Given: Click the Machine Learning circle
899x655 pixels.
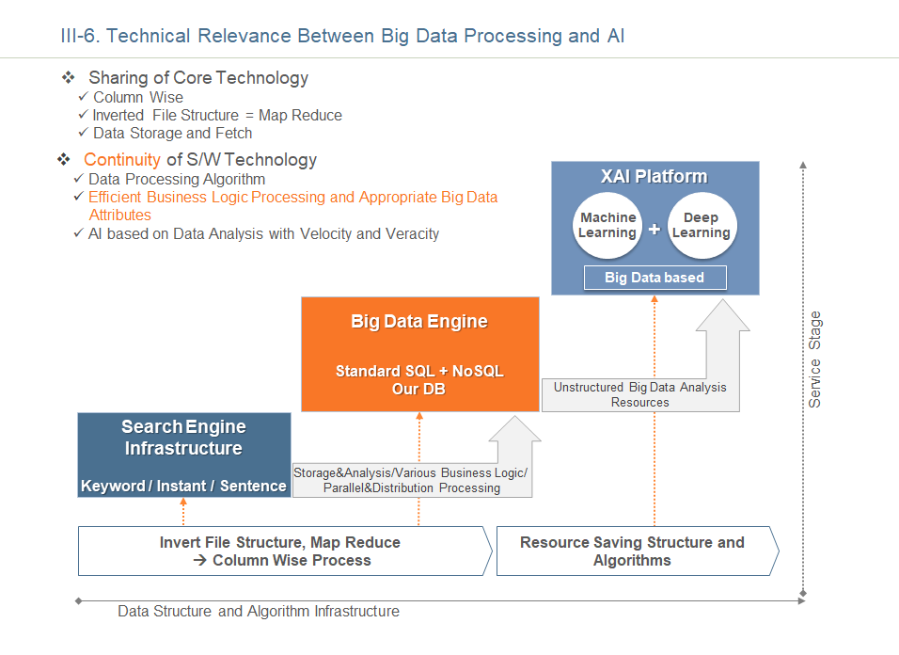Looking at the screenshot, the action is (607, 226).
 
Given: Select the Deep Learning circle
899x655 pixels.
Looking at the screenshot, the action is (702, 226).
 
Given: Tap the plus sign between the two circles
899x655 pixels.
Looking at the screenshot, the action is (655, 229).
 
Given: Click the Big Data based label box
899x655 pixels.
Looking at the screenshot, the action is (655, 278).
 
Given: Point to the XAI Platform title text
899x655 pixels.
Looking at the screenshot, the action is (655, 176).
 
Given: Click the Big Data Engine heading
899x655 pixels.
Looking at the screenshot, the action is (419, 321).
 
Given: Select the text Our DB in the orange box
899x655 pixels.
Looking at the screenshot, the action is (418, 389).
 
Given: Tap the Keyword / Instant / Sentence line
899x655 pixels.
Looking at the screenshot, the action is (183, 486).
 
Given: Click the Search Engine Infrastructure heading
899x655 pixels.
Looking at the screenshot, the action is (183, 437).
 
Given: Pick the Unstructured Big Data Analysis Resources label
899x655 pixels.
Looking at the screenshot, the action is (639, 394).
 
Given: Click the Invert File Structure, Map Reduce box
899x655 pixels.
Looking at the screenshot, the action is (285, 551).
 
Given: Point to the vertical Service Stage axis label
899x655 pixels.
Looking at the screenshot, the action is (814, 359).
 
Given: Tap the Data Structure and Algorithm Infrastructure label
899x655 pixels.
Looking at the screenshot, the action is (259, 612).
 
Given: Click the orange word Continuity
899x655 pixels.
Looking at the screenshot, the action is (121, 159).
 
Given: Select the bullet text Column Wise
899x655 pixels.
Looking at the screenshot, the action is (138, 98).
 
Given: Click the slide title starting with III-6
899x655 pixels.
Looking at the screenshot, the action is (342, 36).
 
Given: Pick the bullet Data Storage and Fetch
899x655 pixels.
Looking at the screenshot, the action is (173, 133).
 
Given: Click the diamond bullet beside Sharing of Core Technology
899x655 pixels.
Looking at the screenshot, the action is (69, 77).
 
